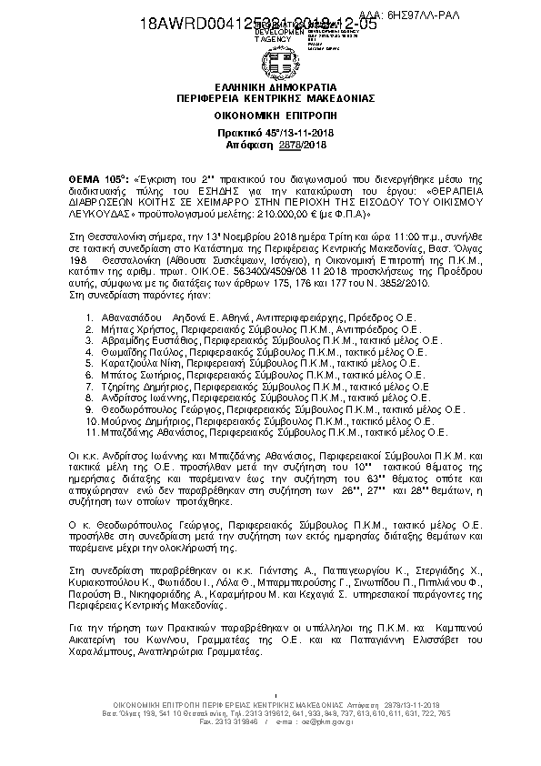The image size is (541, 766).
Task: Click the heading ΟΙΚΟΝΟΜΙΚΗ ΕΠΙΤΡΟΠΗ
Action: point(271,117)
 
